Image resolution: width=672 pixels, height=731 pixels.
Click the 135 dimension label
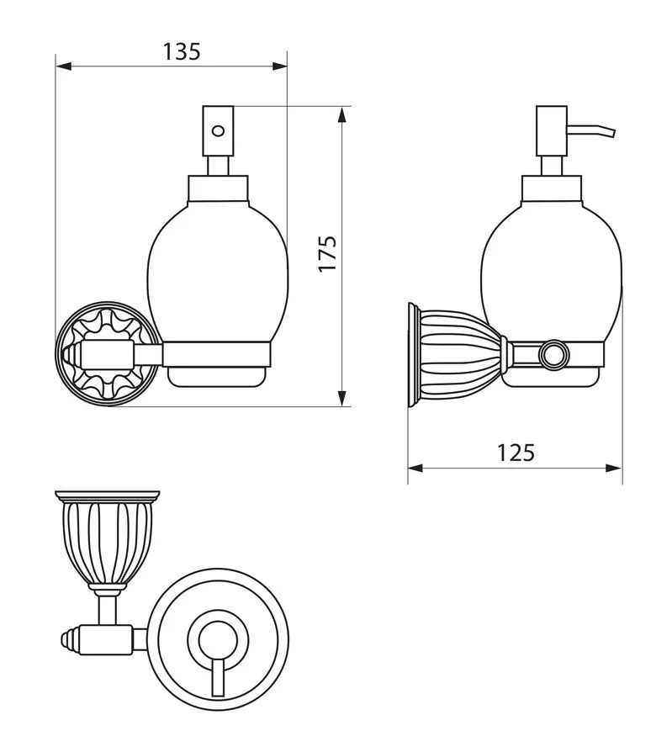pyautogui.click(x=182, y=51)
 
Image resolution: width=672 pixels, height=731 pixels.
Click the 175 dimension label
pyautogui.click(x=327, y=254)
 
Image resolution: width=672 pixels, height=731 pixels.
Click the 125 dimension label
pyautogui.click(x=516, y=453)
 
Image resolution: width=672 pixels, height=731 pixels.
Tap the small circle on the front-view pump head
pyautogui.click(x=218, y=130)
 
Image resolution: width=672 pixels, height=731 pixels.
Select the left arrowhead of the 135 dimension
pyautogui.click(x=63, y=66)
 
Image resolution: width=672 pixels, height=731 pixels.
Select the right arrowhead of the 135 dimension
pyautogui.click(x=279, y=66)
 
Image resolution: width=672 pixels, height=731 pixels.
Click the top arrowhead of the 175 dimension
pyautogui.click(x=342, y=114)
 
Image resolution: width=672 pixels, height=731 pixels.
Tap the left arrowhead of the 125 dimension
pyautogui.click(x=415, y=468)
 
